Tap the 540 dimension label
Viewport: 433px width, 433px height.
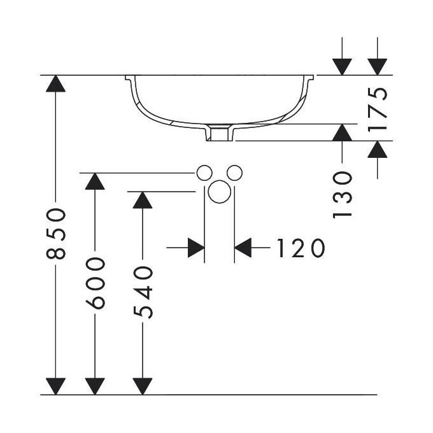(x=143, y=292)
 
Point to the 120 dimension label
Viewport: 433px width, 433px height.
(x=301, y=248)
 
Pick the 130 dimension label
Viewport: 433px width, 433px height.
(x=343, y=194)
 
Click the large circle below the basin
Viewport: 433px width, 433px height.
(x=219, y=192)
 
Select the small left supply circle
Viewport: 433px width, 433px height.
(x=204, y=172)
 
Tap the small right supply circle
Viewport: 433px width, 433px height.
(x=234, y=172)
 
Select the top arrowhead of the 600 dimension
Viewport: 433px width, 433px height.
(x=95, y=181)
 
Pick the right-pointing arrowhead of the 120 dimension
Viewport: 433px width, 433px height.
(x=195, y=248)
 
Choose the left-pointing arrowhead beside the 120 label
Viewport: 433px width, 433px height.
(x=243, y=248)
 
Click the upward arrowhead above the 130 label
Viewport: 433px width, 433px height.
(x=343, y=132)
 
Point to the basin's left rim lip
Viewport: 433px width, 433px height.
(x=129, y=79)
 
